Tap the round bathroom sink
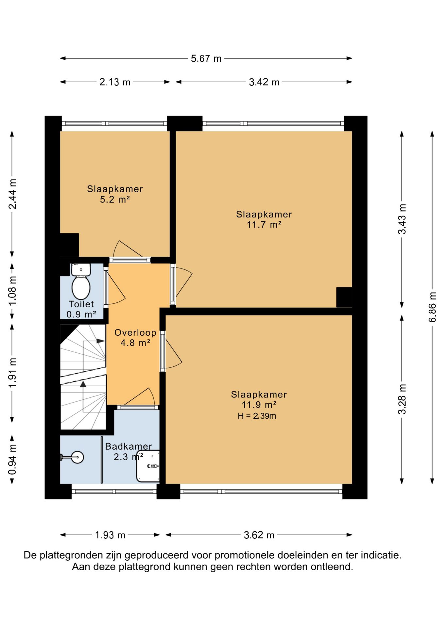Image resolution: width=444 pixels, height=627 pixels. (77, 457)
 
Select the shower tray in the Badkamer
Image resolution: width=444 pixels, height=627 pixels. (148, 466)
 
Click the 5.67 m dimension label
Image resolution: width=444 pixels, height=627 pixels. (206, 58)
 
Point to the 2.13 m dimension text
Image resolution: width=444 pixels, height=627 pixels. (115, 82)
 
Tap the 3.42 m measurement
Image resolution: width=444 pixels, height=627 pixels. (264, 82)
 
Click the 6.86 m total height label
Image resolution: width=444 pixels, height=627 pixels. (432, 307)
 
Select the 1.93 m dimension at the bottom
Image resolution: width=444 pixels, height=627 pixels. (110, 535)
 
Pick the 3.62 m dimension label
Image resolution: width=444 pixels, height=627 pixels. (259, 535)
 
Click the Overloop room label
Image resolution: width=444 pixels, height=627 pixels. (135, 332)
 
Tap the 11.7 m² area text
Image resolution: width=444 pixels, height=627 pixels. (264, 225)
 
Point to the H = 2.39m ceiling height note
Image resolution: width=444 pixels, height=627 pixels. (257, 416)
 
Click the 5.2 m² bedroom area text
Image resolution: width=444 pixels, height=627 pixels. (115, 200)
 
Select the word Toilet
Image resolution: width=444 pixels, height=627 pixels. (81, 304)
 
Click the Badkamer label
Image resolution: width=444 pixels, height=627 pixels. (128, 446)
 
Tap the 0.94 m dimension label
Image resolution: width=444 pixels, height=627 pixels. (12, 460)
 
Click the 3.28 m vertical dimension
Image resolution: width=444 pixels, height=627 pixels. (402, 399)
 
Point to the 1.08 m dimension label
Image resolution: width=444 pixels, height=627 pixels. (12, 291)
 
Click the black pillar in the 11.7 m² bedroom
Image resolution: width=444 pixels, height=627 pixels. (344, 297)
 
